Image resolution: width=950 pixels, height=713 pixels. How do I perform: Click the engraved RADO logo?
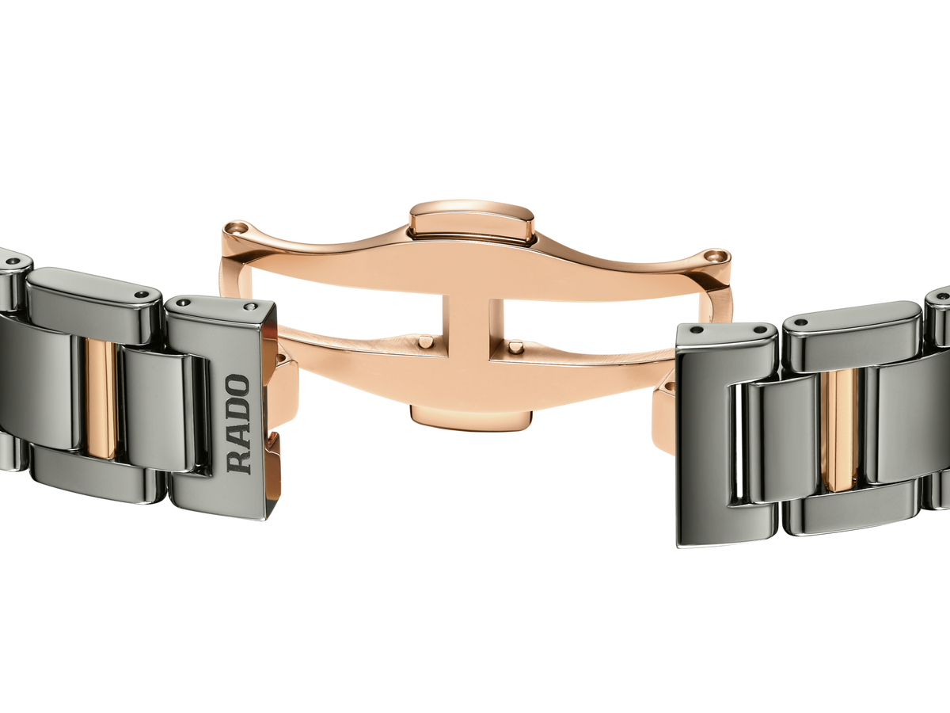[x=238, y=425]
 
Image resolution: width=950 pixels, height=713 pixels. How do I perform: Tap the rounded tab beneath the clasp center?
[x=471, y=419]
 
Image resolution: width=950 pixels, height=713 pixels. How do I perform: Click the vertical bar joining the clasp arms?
[x=467, y=326]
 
